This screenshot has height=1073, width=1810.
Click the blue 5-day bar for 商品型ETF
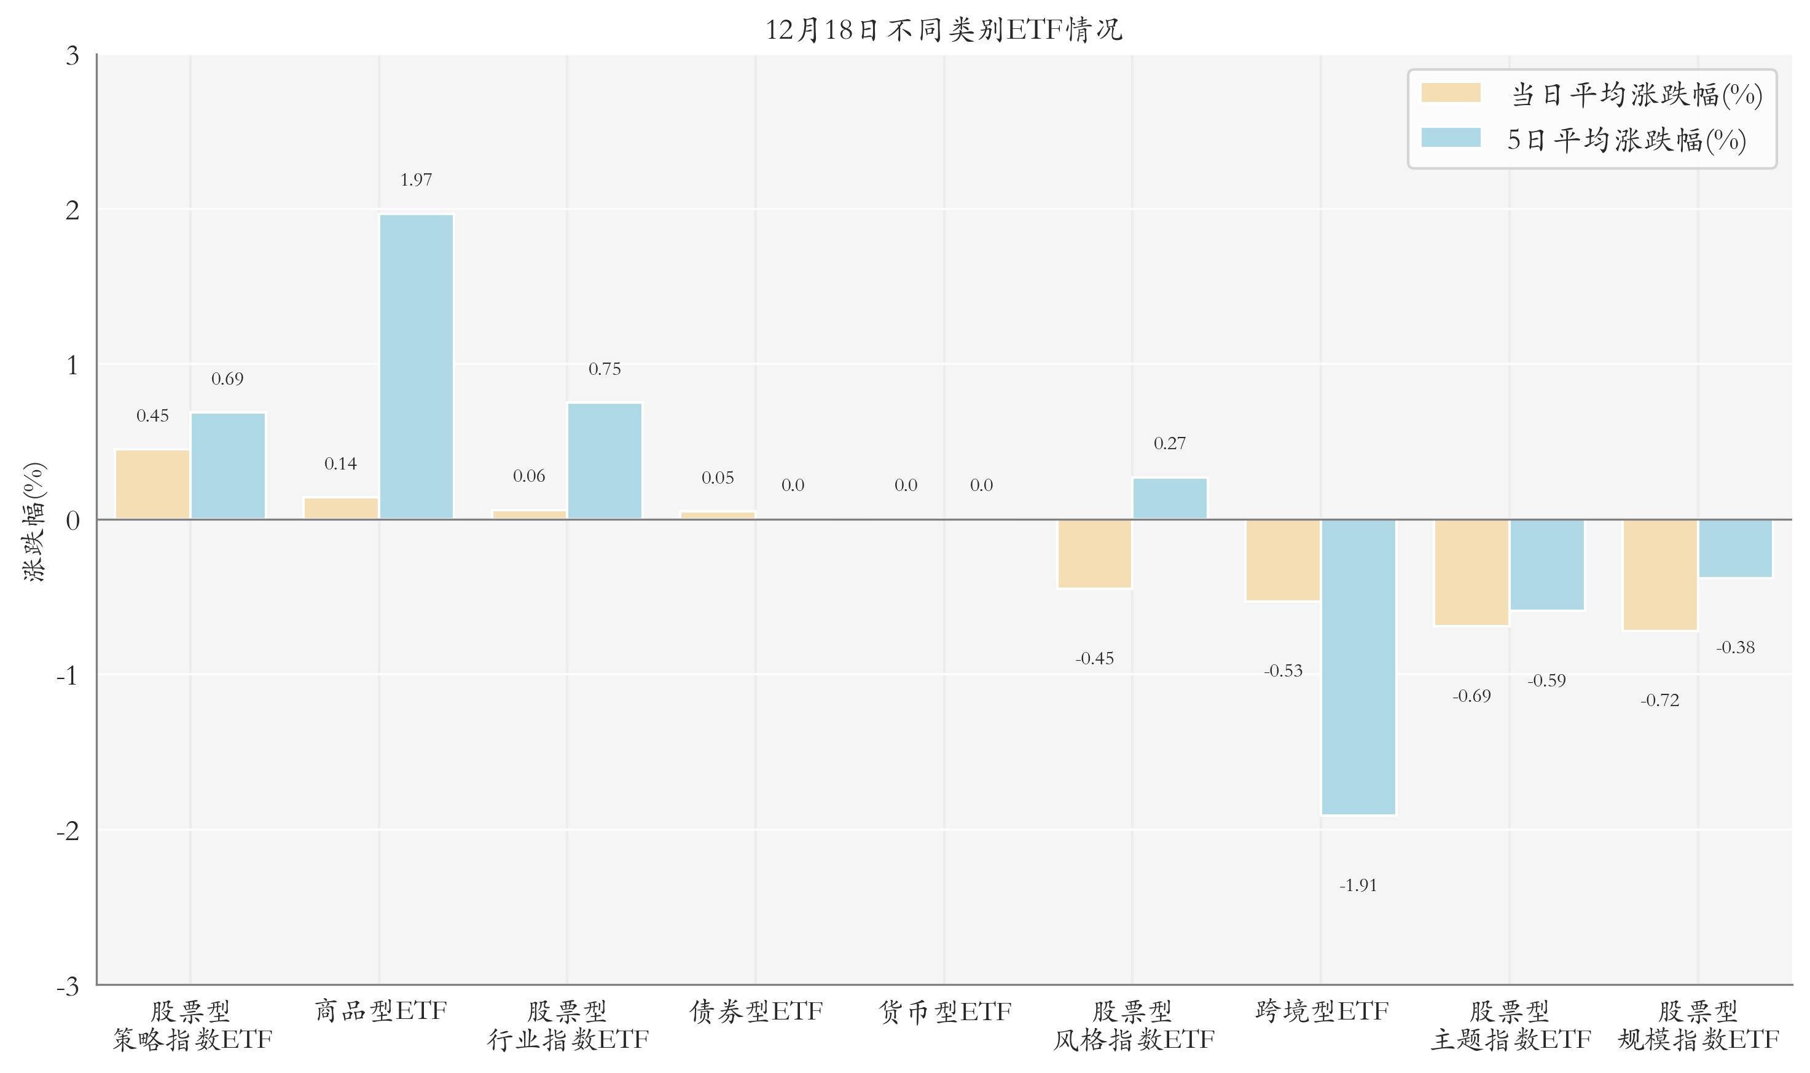pyautogui.click(x=417, y=367)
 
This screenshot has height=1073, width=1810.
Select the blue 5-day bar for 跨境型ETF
pyautogui.click(x=1358, y=667)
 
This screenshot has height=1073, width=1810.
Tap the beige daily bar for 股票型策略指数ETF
pyautogui.click(x=152, y=484)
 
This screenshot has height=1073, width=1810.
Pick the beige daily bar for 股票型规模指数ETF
pyautogui.click(x=1659, y=575)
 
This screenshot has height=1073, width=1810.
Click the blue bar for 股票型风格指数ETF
pyautogui.click(x=1170, y=499)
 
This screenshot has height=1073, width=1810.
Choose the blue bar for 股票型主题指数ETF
pyautogui.click(x=1547, y=565)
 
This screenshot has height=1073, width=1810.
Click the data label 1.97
pyautogui.click(x=417, y=180)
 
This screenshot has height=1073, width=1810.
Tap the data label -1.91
pyautogui.click(x=1358, y=886)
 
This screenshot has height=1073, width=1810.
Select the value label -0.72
pyautogui.click(x=1659, y=701)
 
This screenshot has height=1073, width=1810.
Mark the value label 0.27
pyautogui.click(x=1170, y=444)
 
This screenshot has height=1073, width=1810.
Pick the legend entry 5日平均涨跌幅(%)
pyautogui.click(x=1626, y=140)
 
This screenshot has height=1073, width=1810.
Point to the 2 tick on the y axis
pyautogui.click(x=72, y=210)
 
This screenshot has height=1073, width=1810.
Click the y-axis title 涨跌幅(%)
pyautogui.click(x=34, y=521)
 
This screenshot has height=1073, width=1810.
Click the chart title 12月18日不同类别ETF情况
pyautogui.click(x=943, y=30)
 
